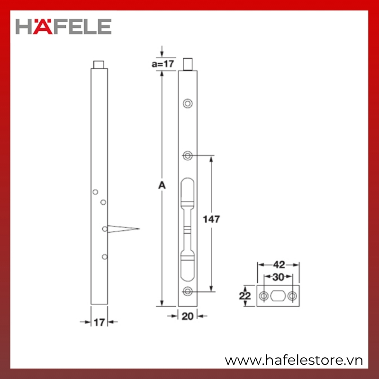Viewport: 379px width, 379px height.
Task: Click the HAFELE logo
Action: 63,27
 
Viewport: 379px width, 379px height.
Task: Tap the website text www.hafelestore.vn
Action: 294,361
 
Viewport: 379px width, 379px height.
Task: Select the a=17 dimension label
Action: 163,64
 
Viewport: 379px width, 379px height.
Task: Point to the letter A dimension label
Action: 162,185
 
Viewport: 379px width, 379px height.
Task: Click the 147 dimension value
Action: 211,219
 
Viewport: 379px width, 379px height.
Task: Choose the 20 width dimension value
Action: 188,316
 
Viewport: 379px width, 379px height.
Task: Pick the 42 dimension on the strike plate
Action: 279,265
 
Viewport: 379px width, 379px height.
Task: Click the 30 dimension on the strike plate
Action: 278,277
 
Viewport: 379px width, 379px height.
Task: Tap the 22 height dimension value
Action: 245,296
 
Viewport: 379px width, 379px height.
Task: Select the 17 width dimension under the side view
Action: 99,323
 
